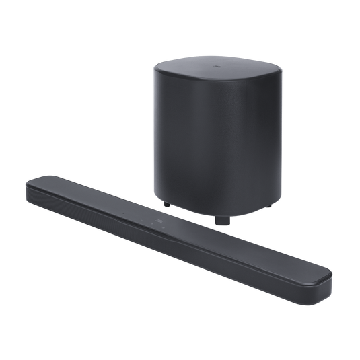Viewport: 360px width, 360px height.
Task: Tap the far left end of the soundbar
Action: [28, 184]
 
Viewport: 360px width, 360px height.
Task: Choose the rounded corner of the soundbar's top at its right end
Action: [323, 270]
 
